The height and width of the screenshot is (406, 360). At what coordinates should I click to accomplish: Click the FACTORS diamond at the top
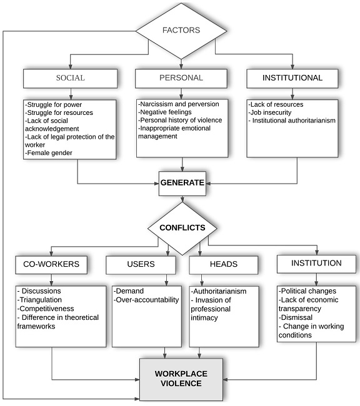182,30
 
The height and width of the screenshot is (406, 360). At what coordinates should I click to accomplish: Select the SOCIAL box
70,78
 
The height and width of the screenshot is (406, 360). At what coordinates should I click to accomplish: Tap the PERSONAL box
181,78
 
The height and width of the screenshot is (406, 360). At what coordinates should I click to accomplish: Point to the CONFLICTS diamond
182,227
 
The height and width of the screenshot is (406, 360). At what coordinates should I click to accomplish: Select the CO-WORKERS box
52,264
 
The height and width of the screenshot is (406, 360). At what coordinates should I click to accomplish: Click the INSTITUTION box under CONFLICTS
316,264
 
